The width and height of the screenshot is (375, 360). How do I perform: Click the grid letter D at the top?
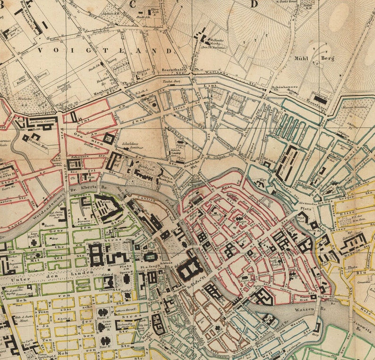point(254,5)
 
